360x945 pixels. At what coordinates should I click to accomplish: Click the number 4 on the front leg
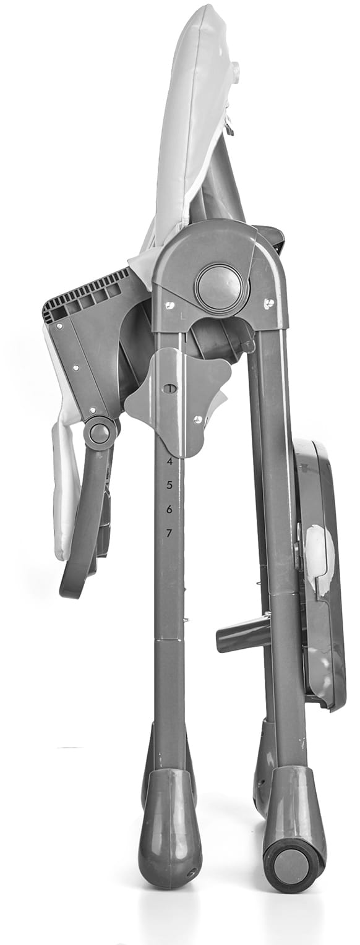tap(169, 461)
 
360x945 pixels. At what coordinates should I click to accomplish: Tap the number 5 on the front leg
tap(169, 485)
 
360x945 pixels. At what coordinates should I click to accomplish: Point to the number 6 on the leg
tap(169, 509)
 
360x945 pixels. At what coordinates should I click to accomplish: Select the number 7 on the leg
tap(169, 533)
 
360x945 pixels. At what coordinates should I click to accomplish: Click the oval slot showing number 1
tap(171, 388)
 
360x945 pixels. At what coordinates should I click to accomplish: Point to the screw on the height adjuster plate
tap(197, 418)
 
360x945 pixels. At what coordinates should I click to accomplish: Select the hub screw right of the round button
tap(269, 302)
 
